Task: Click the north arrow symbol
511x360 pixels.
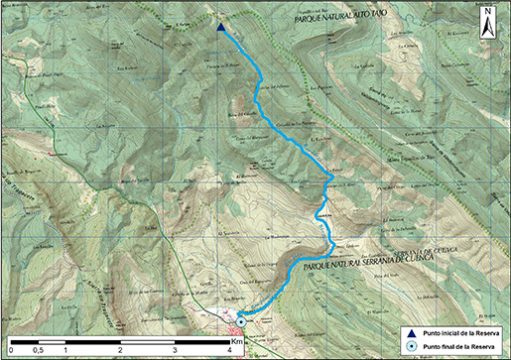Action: [x=489, y=25]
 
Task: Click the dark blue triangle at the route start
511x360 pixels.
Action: [x=219, y=28]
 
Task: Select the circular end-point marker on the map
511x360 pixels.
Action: [x=240, y=320]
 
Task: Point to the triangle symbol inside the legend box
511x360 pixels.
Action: [x=412, y=333]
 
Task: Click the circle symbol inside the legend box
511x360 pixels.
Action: [x=412, y=346]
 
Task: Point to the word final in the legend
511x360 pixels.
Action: [x=447, y=346]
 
